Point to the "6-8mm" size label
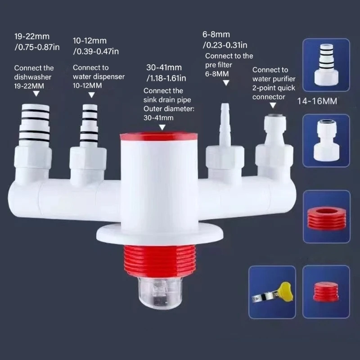pyautogui.click(x=217, y=35)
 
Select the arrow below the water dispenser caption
pyautogui.click(x=91, y=94)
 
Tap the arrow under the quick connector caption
pyautogui.click(x=272, y=105)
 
